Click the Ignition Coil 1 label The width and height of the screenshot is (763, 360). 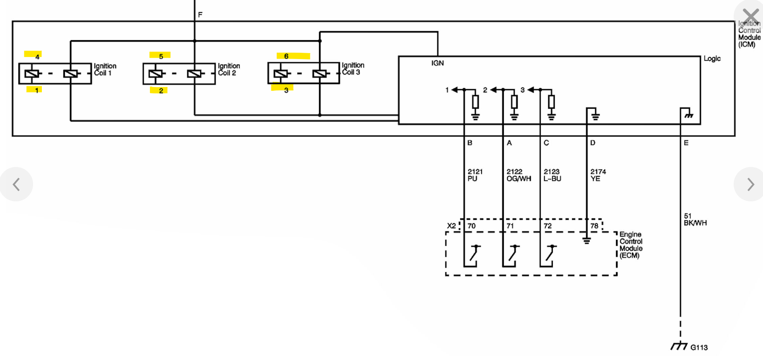pyautogui.click(x=105, y=69)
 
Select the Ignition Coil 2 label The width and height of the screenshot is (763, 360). pyautogui.click(x=229, y=69)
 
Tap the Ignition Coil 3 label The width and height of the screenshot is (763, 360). pyautogui.click(x=353, y=69)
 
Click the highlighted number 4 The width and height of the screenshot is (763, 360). pyautogui.click(x=37, y=57)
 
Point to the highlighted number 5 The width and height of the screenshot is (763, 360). pyautogui.click(x=161, y=56)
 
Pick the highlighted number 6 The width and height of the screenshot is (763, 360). pyautogui.click(x=286, y=56)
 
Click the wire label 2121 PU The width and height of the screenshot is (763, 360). pyautogui.click(x=475, y=175)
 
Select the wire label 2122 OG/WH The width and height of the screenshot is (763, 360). pyautogui.click(x=518, y=175)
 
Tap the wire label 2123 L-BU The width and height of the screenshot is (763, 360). pyautogui.click(x=552, y=175)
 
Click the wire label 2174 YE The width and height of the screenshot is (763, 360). pyautogui.click(x=598, y=175)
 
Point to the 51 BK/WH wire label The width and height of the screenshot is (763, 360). pyautogui.click(x=695, y=220)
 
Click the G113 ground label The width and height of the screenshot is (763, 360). pyautogui.click(x=699, y=347)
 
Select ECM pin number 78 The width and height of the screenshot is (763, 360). pyautogui.click(x=594, y=226)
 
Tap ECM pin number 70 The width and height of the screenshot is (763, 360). pyautogui.click(x=472, y=226)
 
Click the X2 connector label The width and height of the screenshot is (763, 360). pyautogui.click(x=451, y=226)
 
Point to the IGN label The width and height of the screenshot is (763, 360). pyautogui.click(x=438, y=63)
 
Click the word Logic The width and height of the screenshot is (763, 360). pyautogui.click(x=712, y=59)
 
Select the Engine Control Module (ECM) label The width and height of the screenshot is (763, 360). pyautogui.click(x=631, y=245)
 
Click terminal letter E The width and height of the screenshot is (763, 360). pyautogui.click(x=686, y=143)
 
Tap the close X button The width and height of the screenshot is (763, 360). pyautogui.click(x=750, y=17)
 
